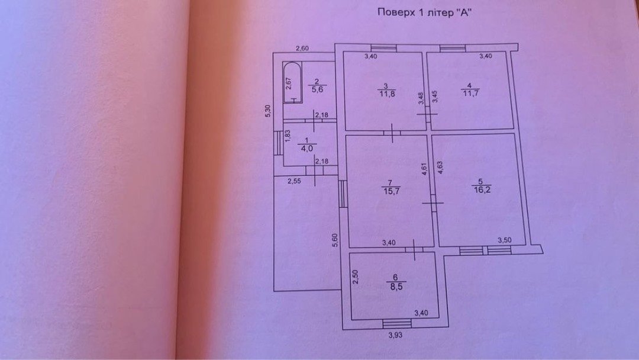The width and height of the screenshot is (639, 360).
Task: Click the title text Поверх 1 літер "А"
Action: point(427,12)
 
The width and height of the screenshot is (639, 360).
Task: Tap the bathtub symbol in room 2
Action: point(290,83)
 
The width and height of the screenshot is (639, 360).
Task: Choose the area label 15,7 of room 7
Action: point(389,191)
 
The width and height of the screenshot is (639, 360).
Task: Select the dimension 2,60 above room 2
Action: point(304,49)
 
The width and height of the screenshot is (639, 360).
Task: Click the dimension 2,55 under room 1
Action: point(295,181)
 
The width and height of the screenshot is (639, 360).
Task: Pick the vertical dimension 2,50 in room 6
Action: point(356,277)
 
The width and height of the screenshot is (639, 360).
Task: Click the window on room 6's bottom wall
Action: point(396,323)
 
